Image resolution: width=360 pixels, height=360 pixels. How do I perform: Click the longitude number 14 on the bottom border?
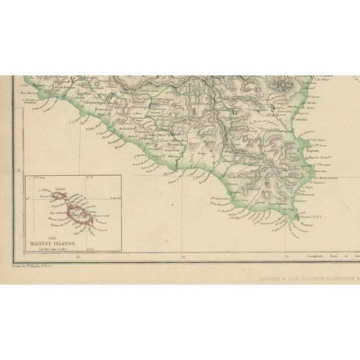[x=183, y=258]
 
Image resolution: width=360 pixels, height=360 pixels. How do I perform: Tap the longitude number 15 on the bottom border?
[x=287, y=258]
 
